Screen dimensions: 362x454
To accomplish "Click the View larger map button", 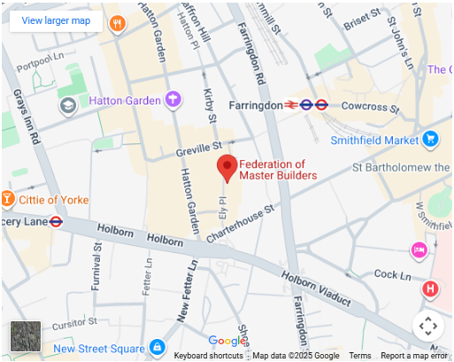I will pos(56,20).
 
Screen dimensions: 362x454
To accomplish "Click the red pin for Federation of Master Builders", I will pos(227,166).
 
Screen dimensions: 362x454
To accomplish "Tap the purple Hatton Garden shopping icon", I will pos(173,99).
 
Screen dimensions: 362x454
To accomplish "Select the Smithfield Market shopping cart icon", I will pos(431,139).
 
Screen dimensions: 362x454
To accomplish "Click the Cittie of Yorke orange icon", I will pos(7,199).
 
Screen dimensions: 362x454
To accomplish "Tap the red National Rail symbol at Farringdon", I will pos(289,104).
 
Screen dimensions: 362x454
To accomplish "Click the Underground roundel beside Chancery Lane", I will pos(56,222).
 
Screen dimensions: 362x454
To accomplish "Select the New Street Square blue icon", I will pos(157,347).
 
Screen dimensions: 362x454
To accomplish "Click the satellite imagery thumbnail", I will pos(25,336).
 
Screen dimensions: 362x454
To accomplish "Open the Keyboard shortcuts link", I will pos(208,356).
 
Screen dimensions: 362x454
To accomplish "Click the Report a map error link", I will pos(414,356).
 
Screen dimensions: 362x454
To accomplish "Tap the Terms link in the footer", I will pos(360,356).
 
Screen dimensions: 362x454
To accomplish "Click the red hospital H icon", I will pos(430,289).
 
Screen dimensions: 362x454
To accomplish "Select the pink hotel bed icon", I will pos(419,251).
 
